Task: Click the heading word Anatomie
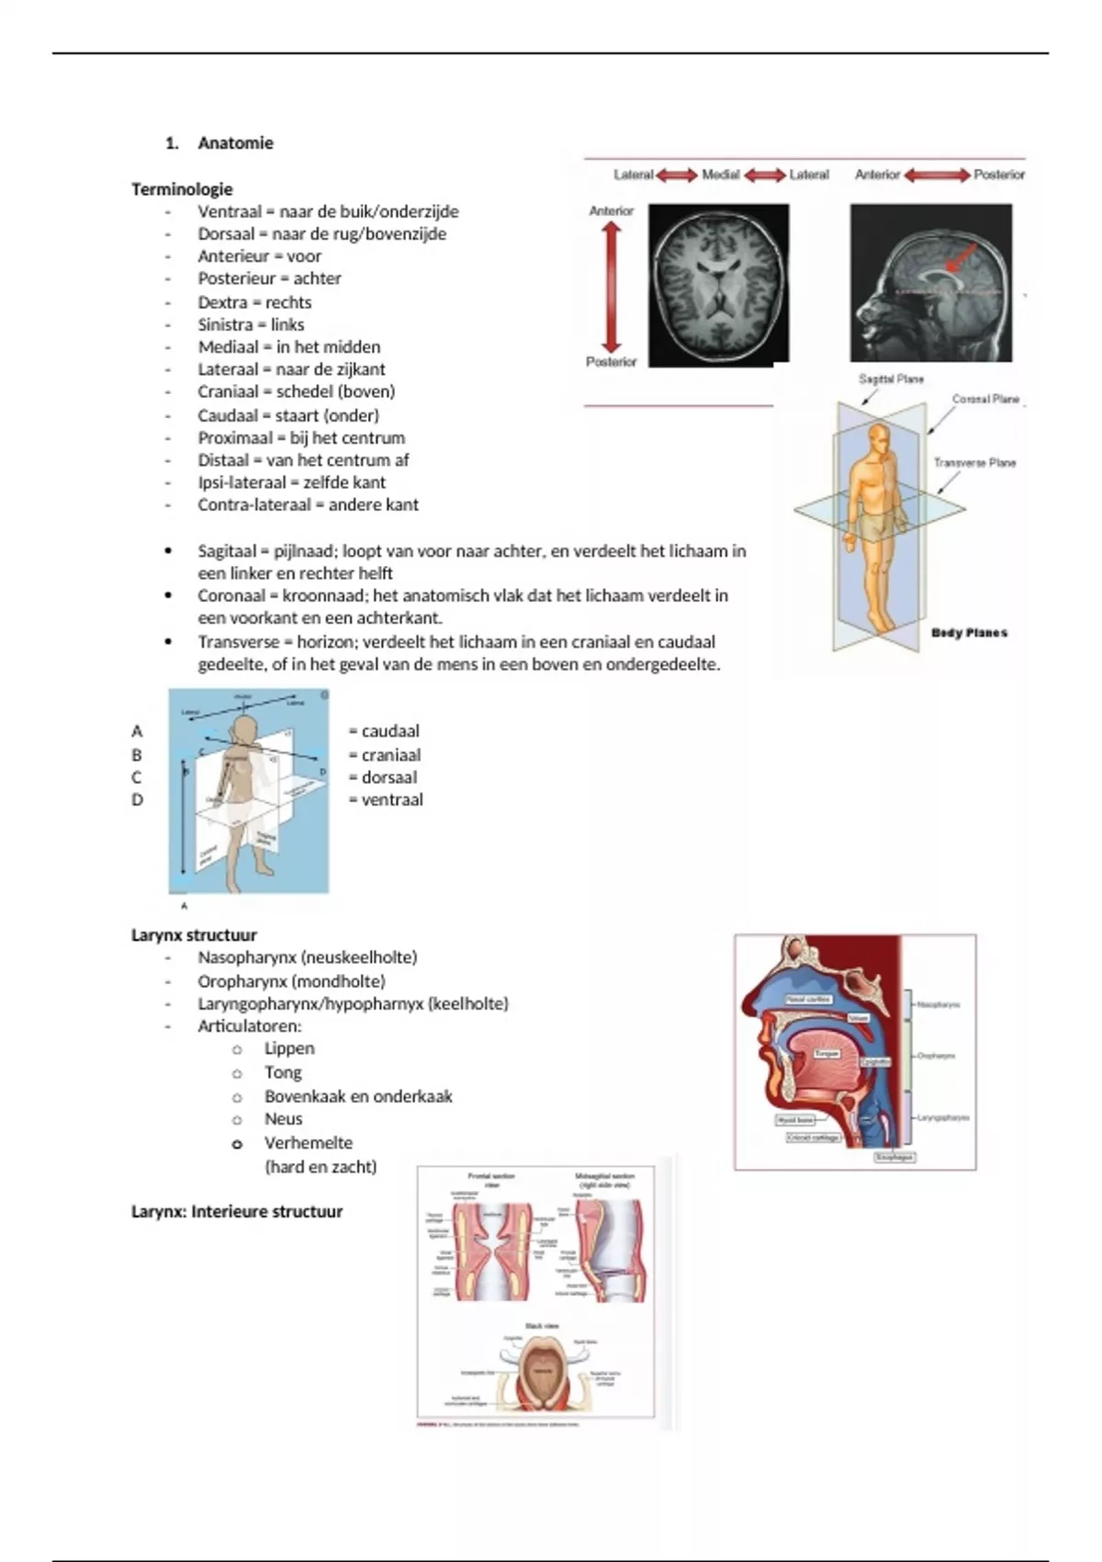[x=235, y=143]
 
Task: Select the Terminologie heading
[x=182, y=189]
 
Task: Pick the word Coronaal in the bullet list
[x=231, y=595]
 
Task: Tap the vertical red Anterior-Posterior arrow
[x=612, y=287]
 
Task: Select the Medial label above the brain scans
[x=721, y=175]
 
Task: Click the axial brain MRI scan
[x=718, y=285]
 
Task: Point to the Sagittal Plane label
[x=891, y=379]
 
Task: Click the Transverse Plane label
[x=974, y=463]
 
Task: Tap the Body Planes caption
[x=969, y=633]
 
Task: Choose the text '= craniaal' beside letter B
[x=385, y=755]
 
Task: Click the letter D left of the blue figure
[x=137, y=800]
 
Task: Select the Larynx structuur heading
[x=194, y=935]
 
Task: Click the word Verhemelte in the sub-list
[x=309, y=1143]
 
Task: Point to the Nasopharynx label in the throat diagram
[x=938, y=1005]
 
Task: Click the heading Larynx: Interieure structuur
[x=237, y=1212]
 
